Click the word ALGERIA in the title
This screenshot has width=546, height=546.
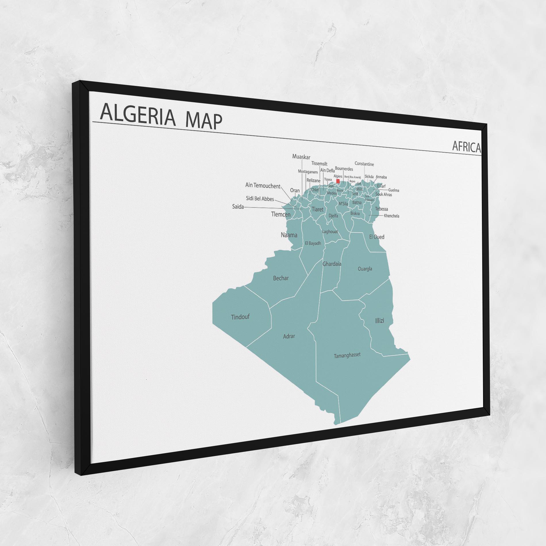click(x=137, y=116)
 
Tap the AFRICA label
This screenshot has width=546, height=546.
click(x=466, y=147)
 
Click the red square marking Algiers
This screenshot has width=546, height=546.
click(x=338, y=181)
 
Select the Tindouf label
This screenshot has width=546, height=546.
click(x=240, y=317)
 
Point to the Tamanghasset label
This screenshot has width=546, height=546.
click(x=347, y=355)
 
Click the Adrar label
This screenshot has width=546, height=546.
click(x=289, y=336)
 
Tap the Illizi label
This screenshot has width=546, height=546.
click(x=379, y=320)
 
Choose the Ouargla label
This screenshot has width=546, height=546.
click(x=365, y=269)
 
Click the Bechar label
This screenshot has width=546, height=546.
click(x=281, y=278)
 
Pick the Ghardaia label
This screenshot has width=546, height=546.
click(x=332, y=264)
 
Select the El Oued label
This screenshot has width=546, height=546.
click(x=376, y=237)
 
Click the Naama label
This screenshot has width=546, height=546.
click(x=289, y=235)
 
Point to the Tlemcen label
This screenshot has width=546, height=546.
click(x=281, y=214)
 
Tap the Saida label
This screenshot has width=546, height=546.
click(x=238, y=207)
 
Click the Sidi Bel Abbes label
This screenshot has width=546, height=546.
click(x=260, y=199)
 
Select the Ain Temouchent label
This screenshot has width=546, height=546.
click(x=263, y=186)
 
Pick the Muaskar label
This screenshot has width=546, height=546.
click(x=301, y=157)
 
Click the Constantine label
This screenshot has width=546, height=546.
click(x=364, y=164)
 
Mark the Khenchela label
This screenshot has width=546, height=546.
click(x=391, y=216)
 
